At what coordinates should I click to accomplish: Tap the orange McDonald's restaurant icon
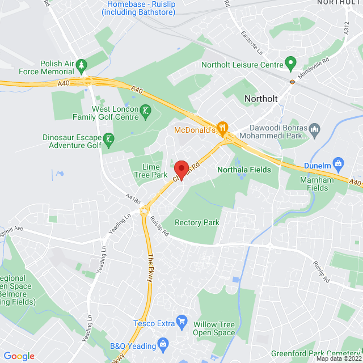tap(223, 128)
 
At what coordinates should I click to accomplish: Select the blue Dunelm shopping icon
tap(339, 164)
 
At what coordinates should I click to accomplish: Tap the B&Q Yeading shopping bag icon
tap(163, 344)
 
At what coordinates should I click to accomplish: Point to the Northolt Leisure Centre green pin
tap(291, 62)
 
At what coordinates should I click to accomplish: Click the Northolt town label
tap(261, 99)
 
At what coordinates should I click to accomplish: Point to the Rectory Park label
tap(197, 223)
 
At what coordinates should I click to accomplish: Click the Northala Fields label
tap(244, 170)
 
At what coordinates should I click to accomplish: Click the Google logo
tap(19, 356)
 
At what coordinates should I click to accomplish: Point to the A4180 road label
tap(132, 199)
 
